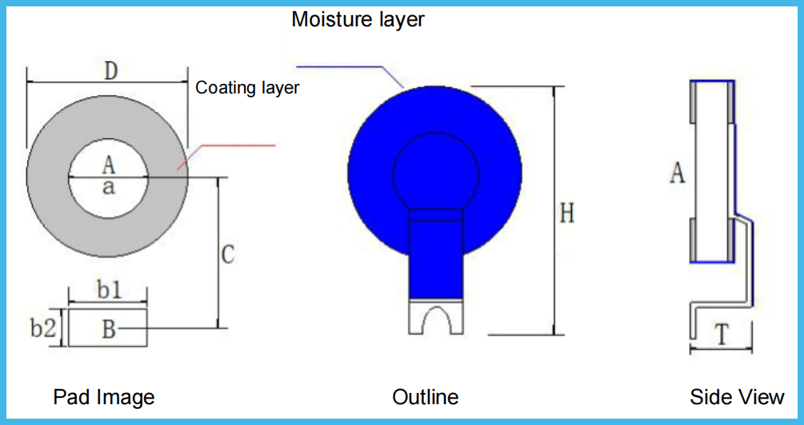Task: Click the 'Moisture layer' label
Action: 358,19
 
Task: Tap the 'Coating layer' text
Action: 247,88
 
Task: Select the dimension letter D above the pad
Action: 110,70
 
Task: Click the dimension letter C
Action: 227,255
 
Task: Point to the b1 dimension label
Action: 109,291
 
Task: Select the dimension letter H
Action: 566,213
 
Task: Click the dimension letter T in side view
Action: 722,336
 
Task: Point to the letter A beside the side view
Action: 677,173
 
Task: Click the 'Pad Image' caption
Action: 104,397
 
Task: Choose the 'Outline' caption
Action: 426,397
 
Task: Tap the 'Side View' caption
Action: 737,397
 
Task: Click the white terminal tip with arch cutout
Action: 436,317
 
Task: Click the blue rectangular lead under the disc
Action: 436,256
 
